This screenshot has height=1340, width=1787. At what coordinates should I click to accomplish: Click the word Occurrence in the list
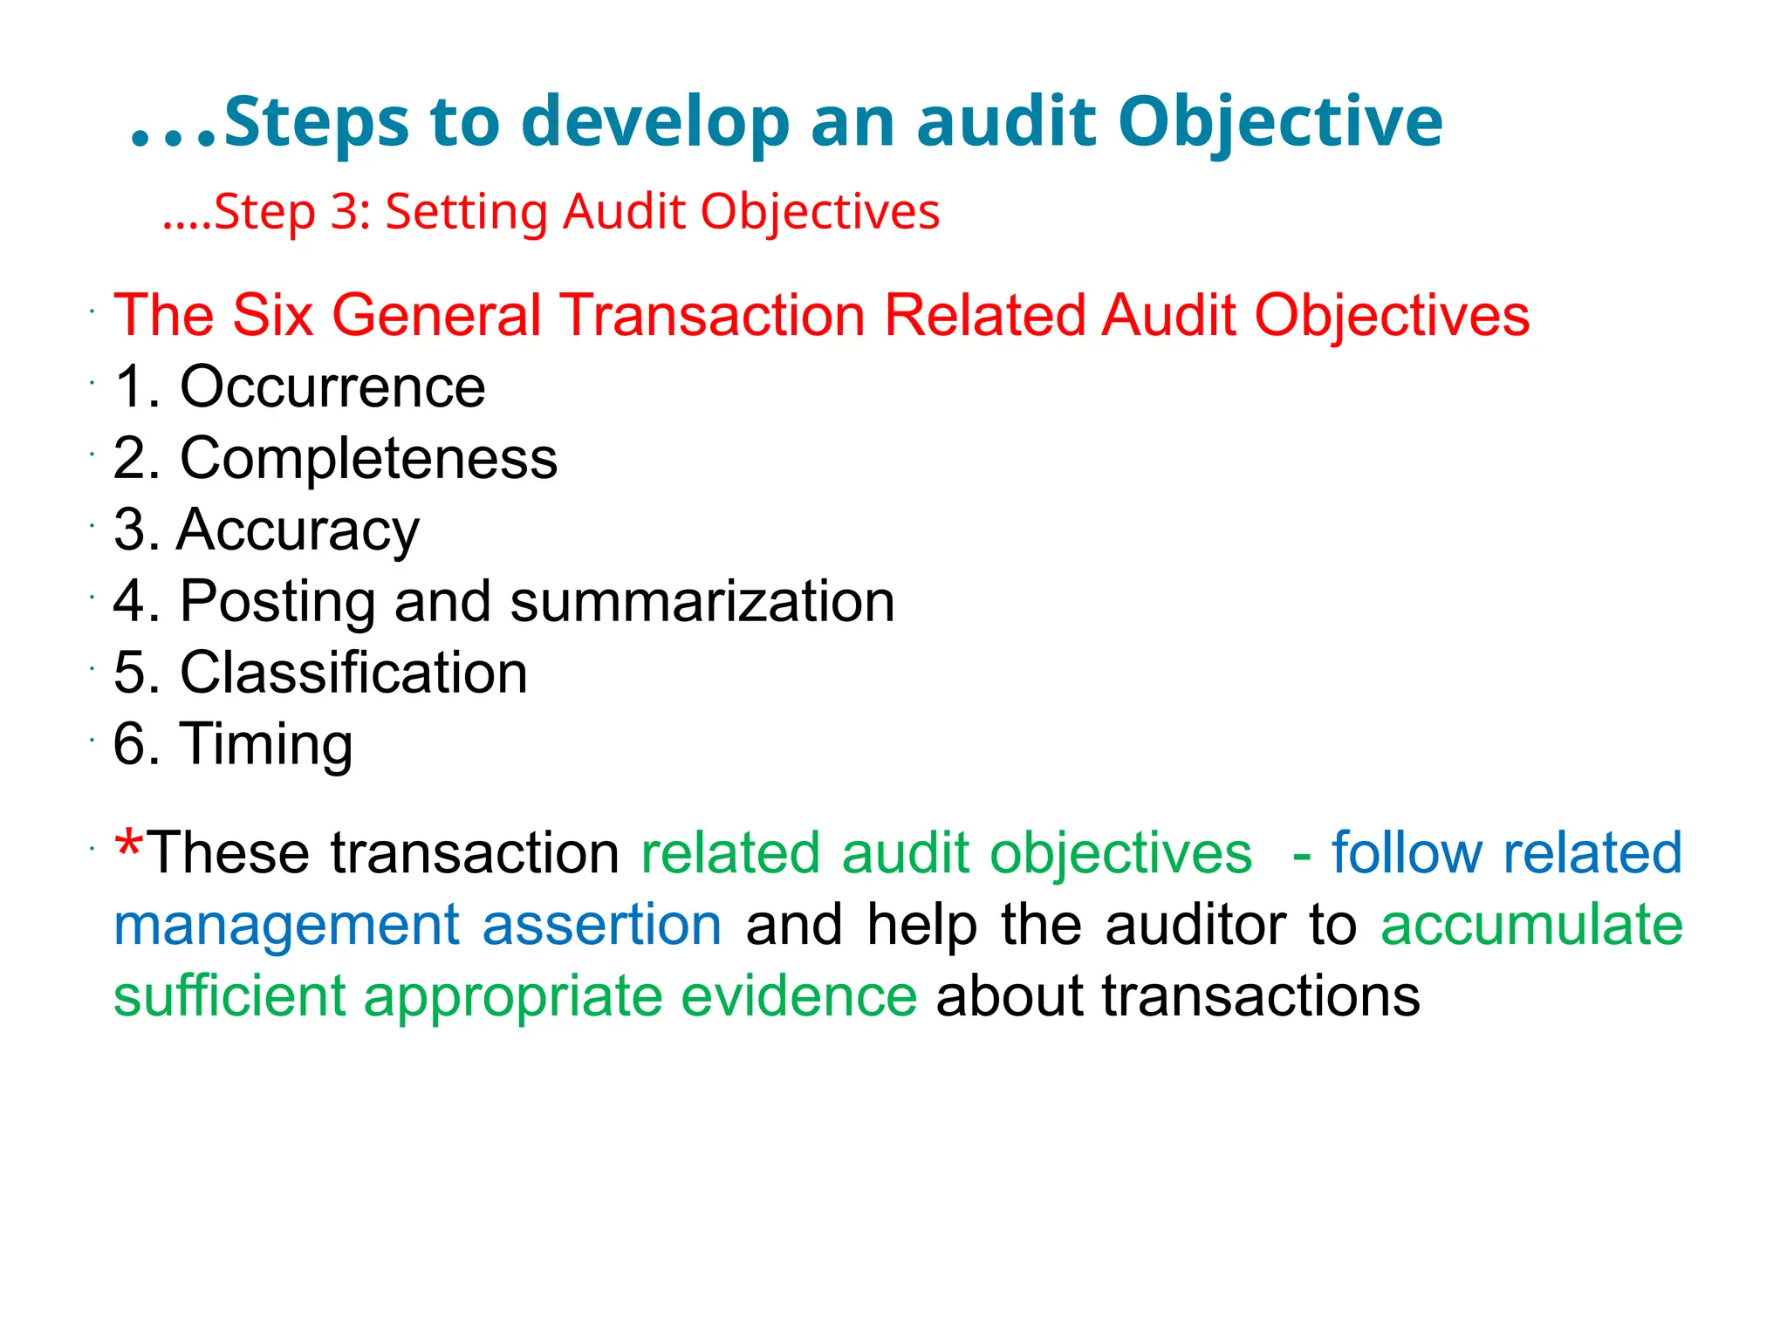point(332,386)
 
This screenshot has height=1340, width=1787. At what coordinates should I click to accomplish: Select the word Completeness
point(368,458)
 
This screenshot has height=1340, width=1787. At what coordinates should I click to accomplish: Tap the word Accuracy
point(298,530)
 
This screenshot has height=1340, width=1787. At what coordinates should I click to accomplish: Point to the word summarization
point(702,601)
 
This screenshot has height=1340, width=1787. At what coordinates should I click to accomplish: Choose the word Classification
point(353,673)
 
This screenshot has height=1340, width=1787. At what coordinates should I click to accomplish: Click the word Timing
point(266,744)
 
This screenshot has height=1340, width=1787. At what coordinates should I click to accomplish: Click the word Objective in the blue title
point(1280,122)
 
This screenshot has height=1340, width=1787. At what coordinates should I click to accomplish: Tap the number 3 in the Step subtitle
point(343,212)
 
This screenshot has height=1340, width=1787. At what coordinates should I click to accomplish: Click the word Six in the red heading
point(272,315)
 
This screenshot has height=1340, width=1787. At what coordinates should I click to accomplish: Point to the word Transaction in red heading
point(712,315)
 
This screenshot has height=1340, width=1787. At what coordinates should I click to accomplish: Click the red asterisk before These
point(129,844)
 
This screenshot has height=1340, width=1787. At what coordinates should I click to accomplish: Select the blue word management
point(286,926)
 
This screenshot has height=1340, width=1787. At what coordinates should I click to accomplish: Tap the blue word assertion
point(601,925)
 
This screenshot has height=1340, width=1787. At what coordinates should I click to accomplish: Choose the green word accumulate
point(1531,925)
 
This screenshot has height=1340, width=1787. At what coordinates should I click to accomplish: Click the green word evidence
point(798,996)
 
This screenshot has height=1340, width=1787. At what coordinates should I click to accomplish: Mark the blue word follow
point(1406,852)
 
